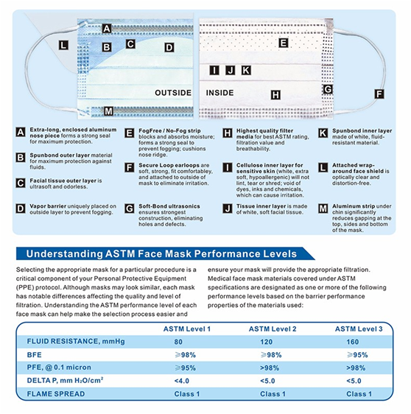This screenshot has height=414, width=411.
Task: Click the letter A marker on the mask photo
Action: click(107, 28)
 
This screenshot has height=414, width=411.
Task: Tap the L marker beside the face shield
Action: click(63, 45)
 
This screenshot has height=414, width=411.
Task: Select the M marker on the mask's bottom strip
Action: click(108, 111)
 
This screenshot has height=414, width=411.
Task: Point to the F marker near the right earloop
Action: click(379, 94)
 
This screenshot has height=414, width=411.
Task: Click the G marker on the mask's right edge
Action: click(328, 89)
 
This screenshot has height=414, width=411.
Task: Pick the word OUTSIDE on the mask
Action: click(173, 93)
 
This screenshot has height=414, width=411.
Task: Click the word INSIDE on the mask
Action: click(219, 93)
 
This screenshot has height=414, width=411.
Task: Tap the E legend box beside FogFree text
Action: click(129, 133)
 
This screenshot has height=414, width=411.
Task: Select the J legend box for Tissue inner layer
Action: click(228, 208)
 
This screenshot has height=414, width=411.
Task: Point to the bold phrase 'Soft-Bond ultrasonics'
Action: click(169, 206)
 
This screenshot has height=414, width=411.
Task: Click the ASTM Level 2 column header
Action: click(273, 329)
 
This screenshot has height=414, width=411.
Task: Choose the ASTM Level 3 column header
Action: click(359, 329)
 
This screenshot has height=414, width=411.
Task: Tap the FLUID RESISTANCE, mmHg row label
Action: click(76, 341)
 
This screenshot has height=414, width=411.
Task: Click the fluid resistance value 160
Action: click(352, 342)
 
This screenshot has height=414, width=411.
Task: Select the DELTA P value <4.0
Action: click(182, 381)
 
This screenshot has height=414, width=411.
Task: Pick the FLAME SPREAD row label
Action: click(56, 394)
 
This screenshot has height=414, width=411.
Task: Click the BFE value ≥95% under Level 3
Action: click(357, 355)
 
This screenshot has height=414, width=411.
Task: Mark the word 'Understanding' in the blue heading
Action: click(64, 253)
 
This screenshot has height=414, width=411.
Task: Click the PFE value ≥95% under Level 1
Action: click(185, 368)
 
